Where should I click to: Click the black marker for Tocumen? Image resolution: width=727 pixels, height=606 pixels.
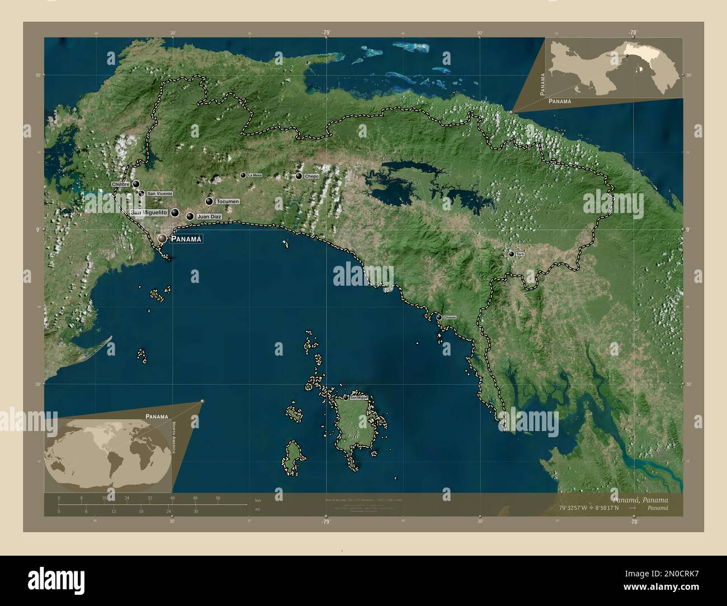[209, 201]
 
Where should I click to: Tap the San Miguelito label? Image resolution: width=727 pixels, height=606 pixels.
[149, 213]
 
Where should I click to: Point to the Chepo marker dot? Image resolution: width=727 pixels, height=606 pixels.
[299, 176]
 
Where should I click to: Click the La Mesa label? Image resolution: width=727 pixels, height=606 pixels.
[254, 176]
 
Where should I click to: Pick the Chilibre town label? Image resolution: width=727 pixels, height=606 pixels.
[121, 184]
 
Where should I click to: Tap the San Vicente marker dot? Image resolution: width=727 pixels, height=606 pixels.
[141, 193]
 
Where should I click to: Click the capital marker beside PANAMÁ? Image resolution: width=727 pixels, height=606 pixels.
[162, 239]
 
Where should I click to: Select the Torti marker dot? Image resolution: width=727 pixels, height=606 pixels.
[511, 254]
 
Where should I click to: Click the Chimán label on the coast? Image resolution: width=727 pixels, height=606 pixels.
[450, 318]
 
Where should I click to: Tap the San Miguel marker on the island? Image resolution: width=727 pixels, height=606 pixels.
[346, 397]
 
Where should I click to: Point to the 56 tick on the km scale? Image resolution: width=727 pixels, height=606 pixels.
[218, 498]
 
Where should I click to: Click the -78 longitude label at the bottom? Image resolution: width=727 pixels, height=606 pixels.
[633, 522]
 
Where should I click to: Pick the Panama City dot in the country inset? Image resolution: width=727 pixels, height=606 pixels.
[626, 56]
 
